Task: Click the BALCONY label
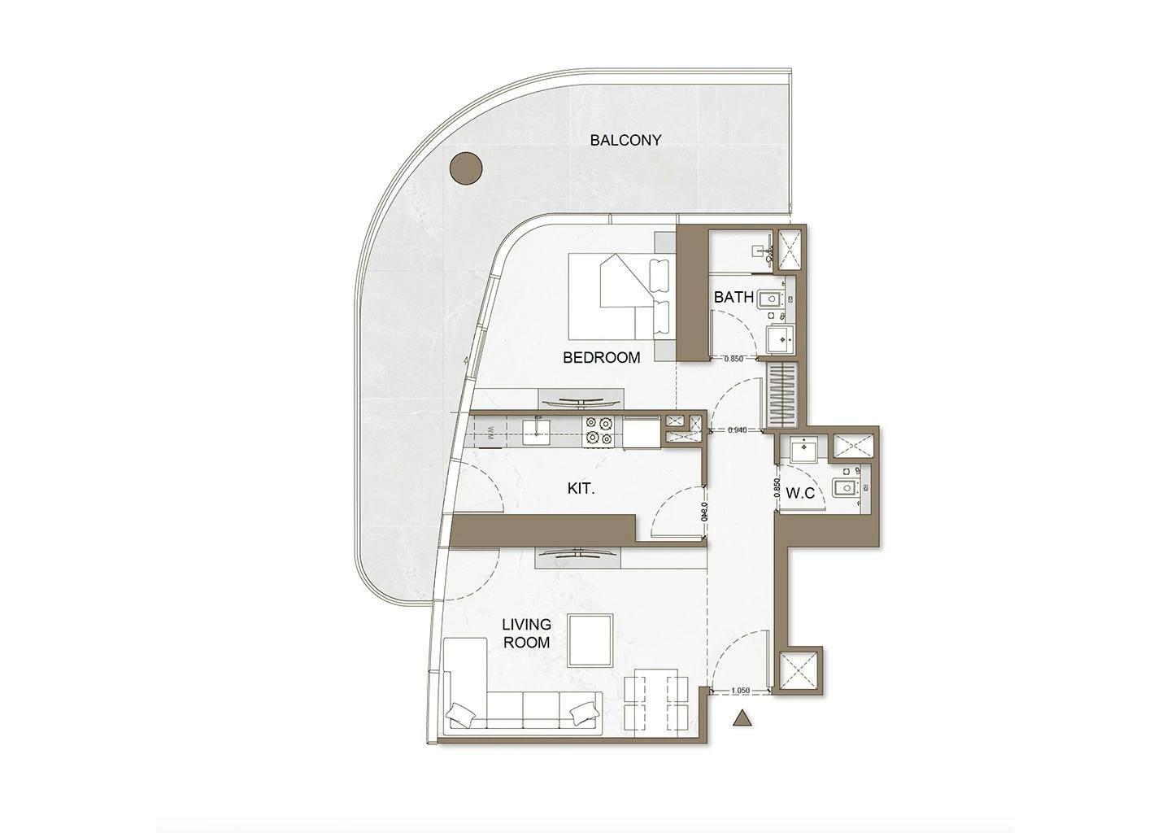[625, 140]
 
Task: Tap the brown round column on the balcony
[466, 168]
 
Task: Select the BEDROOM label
[601, 357]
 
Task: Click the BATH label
[733, 297]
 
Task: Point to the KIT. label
[581, 489]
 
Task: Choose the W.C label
[800, 493]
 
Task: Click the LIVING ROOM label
[526, 633]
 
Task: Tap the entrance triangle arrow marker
[741, 718]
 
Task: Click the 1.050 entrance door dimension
[740, 691]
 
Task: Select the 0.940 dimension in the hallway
[738, 430]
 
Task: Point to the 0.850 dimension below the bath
[734, 359]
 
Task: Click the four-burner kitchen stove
[600, 430]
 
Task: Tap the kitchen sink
[536, 428]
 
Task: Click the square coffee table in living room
[590, 640]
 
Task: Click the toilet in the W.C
[847, 489]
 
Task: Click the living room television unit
[578, 556]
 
